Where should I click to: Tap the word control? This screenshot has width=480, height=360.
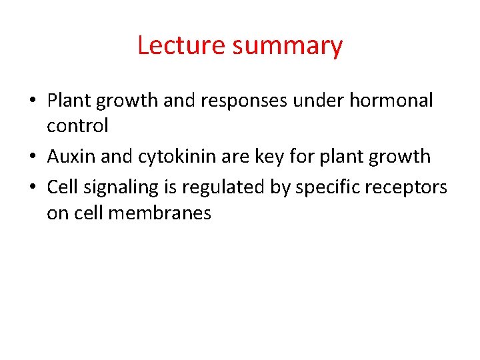[x=77, y=125]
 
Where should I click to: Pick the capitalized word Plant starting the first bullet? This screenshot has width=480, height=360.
[x=69, y=101]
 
